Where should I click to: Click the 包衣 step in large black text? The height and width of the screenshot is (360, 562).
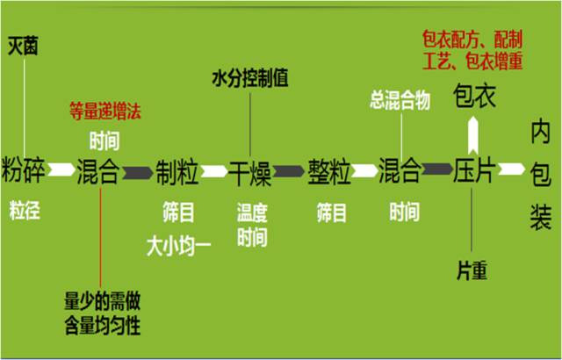[474, 96]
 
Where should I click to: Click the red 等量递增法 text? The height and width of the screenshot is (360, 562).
[105, 112]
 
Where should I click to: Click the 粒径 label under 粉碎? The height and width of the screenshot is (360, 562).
[25, 211]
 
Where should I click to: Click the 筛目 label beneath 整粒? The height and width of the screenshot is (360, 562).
[332, 212]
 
